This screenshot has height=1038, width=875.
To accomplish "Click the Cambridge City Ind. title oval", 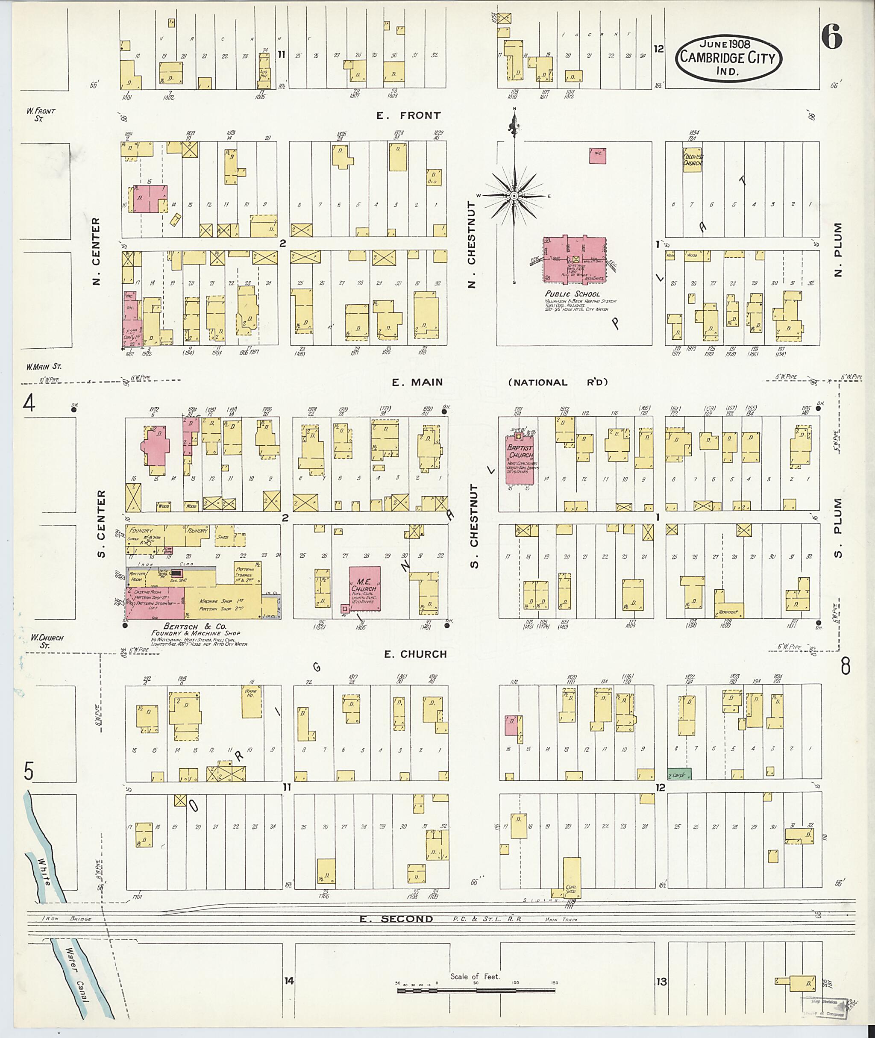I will tap(728, 59).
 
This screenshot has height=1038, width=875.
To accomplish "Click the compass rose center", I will tap(514, 196).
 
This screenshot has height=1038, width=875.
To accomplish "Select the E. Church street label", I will tap(416, 654).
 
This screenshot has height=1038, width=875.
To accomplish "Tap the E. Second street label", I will tap(396, 919).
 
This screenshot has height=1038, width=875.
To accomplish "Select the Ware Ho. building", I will tap(251, 701).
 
